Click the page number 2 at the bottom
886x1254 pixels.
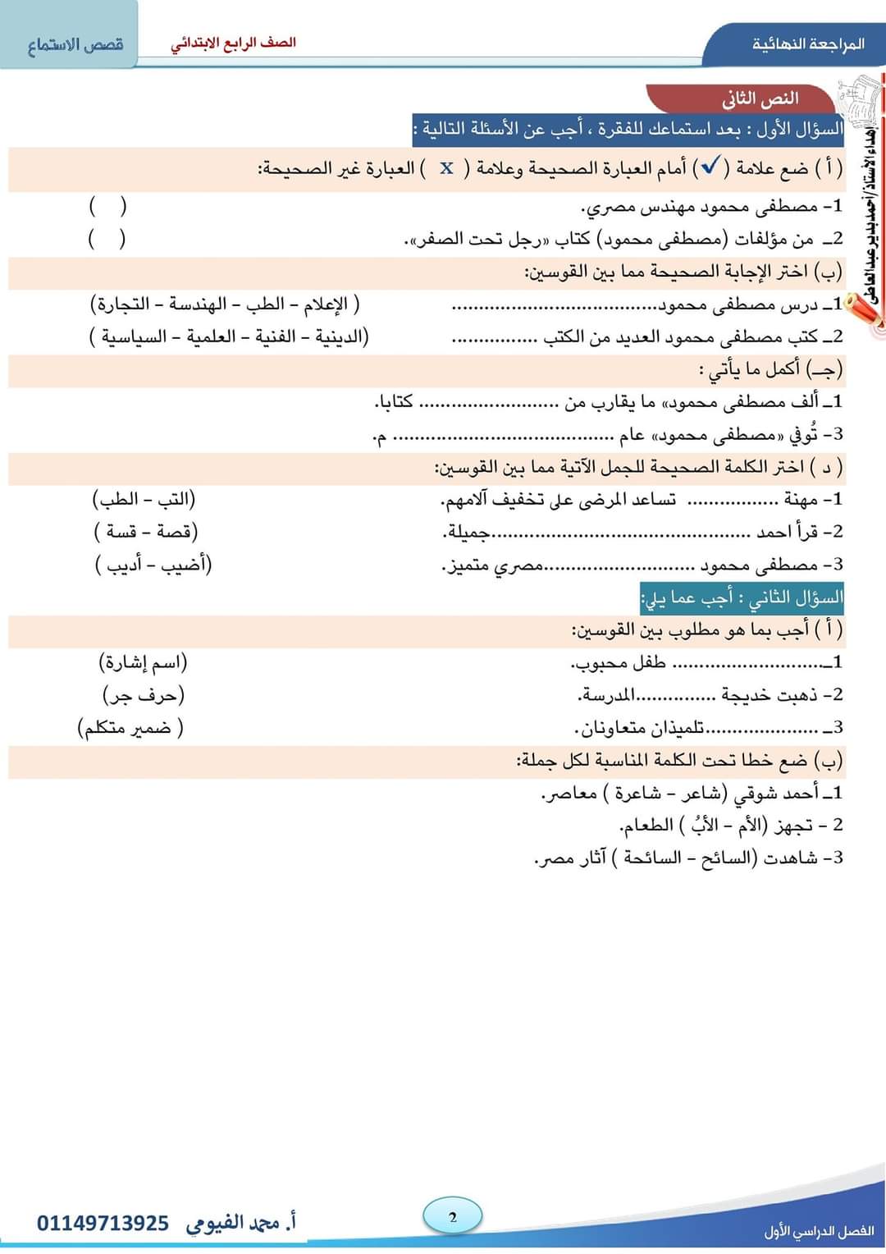(453, 1217)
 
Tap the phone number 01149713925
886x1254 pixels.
(103, 1224)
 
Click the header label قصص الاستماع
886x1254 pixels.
(75, 44)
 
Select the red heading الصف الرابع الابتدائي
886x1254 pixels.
(234, 43)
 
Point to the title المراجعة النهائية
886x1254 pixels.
(808, 43)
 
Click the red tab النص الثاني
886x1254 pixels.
(760, 98)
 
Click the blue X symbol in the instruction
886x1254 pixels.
(446, 168)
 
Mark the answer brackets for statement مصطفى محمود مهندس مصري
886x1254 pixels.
(107, 206)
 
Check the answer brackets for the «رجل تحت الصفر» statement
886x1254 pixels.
(107, 239)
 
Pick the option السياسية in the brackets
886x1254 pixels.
(134, 337)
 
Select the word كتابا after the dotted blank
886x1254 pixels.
(394, 402)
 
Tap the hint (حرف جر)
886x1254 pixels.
(144, 696)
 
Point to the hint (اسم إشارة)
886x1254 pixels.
(143, 662)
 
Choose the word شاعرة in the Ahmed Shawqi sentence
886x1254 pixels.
(633, 794)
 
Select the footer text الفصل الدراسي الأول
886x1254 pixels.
(818, 1231)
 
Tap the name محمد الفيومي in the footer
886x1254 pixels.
(234, 1224)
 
